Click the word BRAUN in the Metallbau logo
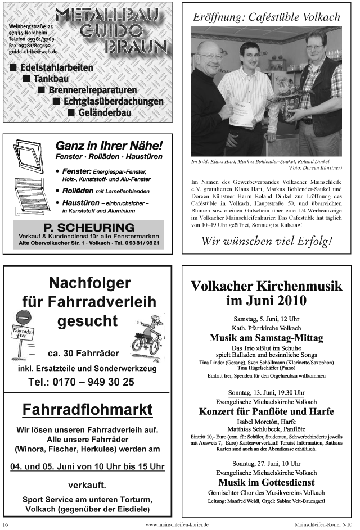click(133, 47)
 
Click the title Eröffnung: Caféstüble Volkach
click(267, 17)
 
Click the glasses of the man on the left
click(210, 56)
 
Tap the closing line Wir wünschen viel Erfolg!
click(267, 242)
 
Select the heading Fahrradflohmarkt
click(87, 410)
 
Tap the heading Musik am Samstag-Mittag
click(267, 338)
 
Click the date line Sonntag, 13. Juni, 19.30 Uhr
click(267, 392)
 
